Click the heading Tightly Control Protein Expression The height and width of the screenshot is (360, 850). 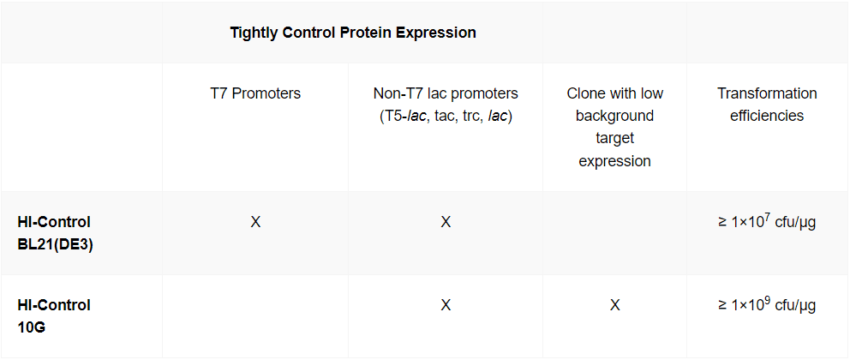352,33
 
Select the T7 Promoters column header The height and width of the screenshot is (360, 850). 255,93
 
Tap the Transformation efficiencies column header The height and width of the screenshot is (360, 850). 767,105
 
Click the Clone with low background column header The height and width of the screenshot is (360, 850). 614,127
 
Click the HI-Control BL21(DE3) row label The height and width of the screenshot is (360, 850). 55,233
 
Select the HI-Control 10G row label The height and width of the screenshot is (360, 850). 54,315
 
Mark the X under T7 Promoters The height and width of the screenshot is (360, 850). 255,222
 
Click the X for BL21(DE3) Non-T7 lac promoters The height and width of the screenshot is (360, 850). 446,222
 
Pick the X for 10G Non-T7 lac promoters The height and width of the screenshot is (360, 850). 446,305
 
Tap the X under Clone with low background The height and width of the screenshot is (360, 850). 614,305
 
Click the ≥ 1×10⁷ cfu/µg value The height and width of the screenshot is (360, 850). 767,222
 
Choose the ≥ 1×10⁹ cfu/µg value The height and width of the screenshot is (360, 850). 767,305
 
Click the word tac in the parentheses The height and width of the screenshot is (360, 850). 446,116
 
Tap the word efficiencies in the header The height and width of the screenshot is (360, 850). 767,116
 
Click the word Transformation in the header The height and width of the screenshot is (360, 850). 767,93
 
